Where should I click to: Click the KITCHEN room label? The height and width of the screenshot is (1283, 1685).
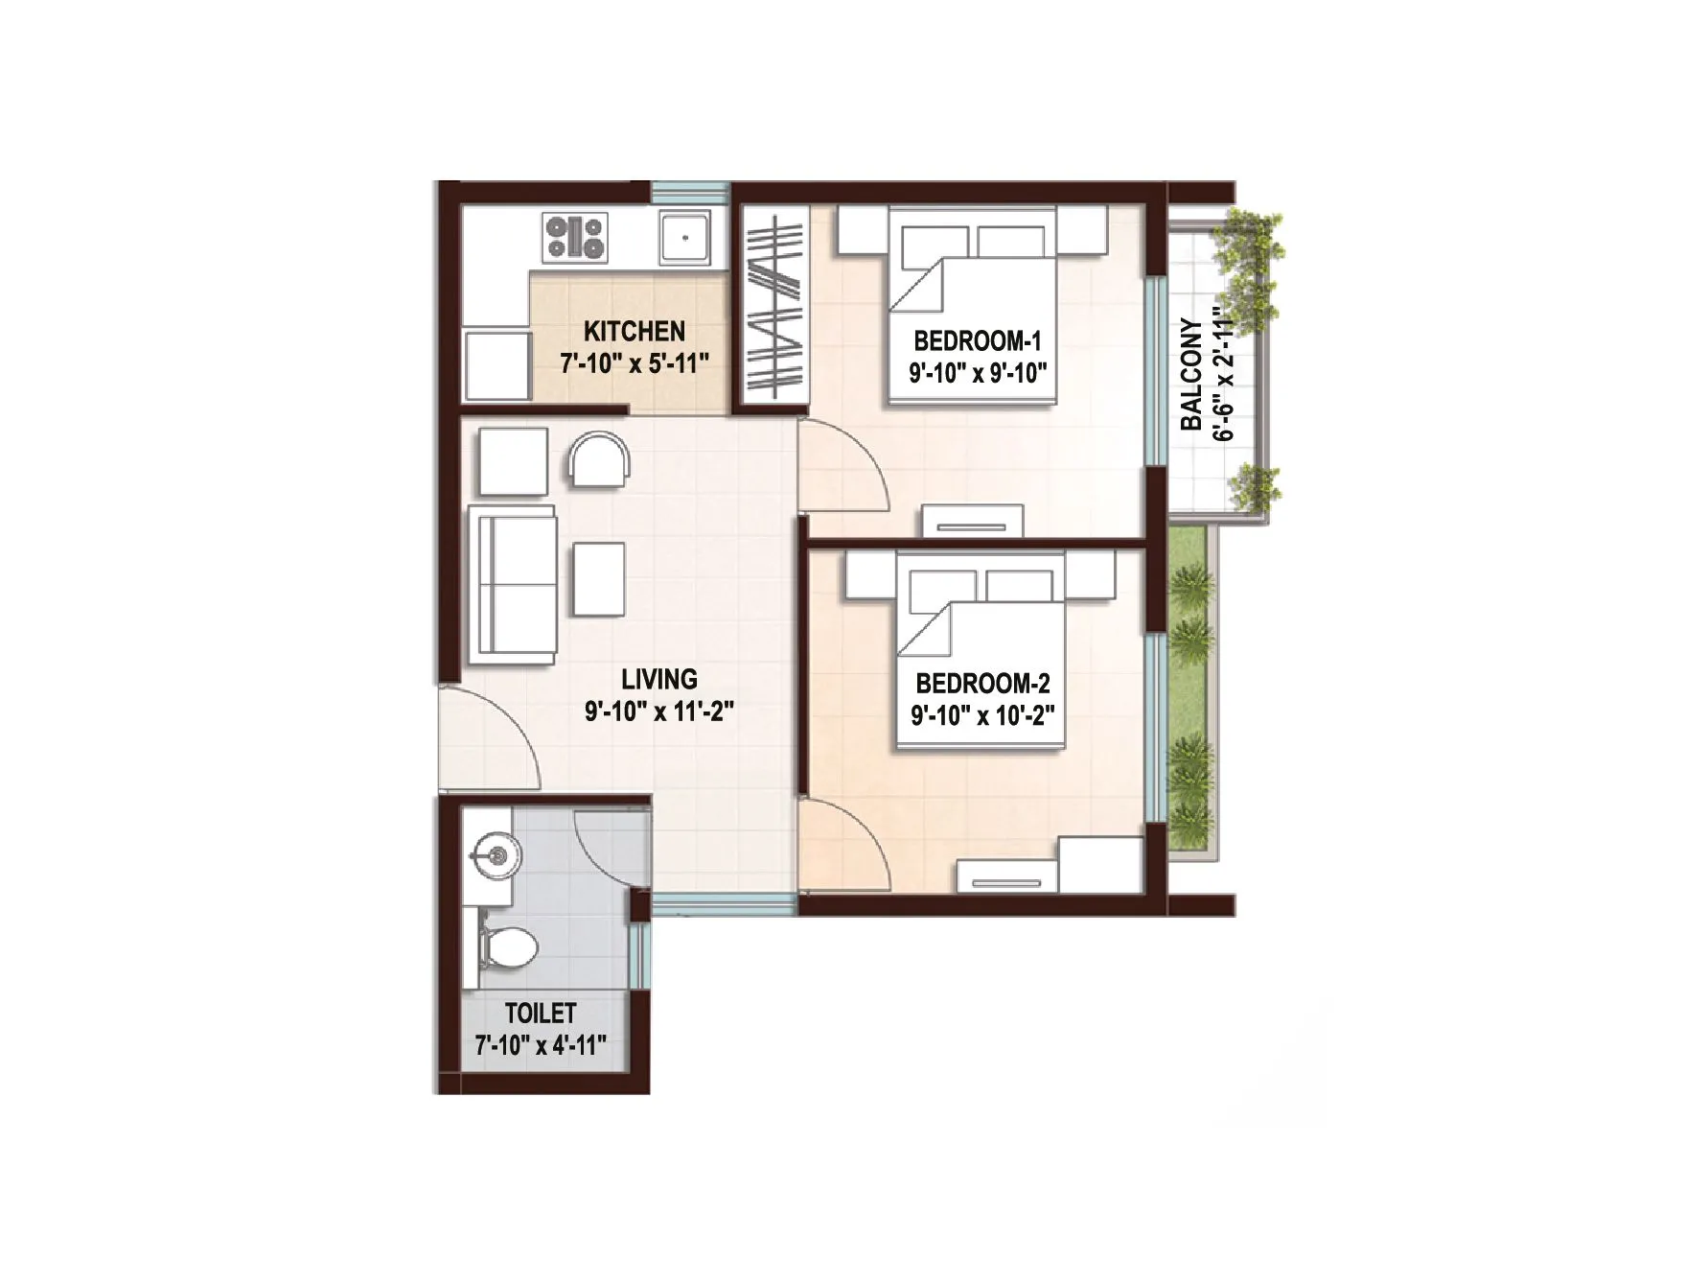(634, 332)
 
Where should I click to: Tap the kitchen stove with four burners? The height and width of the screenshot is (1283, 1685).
(574, 238)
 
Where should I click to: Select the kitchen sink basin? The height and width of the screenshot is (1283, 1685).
(684, 238)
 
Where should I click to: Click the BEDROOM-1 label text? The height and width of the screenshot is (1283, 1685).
(977, 340)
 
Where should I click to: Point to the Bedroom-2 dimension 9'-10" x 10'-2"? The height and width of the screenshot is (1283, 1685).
(982, 716)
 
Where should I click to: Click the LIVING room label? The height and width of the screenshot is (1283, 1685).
(659, 680)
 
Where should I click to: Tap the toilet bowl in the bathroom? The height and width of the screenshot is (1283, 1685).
(507, 946)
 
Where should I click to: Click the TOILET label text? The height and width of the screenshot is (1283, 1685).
(541, 1013)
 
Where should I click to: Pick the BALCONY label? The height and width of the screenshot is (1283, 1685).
(1191, 374)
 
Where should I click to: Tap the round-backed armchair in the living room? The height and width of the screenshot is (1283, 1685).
(599, 458)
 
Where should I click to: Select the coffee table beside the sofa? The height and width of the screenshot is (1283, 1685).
(599, 578)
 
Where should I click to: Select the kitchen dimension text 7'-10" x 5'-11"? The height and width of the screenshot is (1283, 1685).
(634, 364)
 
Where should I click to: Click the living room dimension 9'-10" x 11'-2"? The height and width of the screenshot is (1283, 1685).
(659, 712)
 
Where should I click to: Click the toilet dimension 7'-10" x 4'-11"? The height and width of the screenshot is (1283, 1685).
(541, 1045)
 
